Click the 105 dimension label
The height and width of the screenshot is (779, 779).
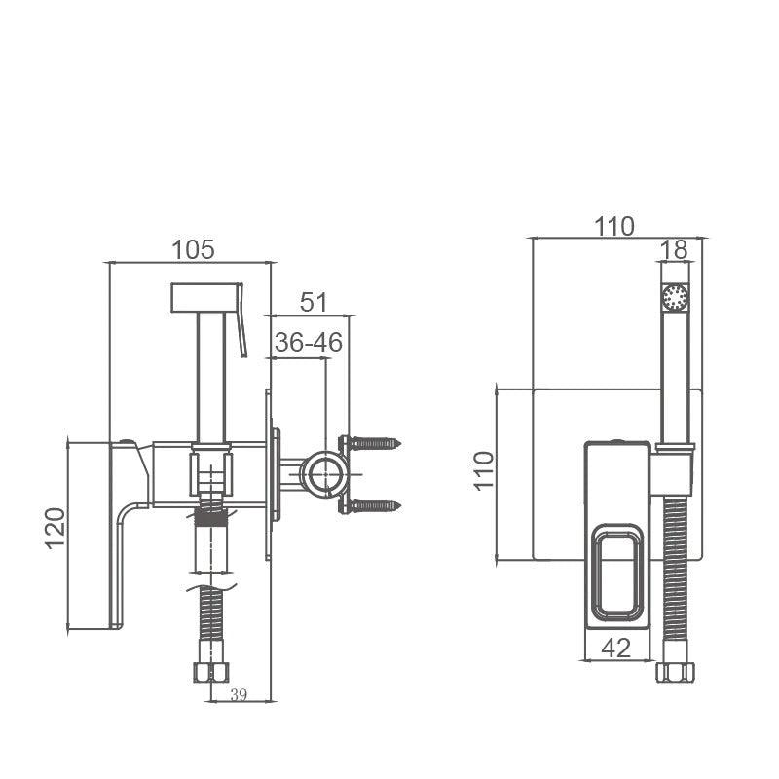193,250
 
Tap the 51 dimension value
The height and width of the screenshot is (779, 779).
314,302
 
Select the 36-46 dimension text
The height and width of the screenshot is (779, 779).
309,343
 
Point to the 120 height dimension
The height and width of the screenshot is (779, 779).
56,528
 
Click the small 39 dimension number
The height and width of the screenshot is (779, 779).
239,695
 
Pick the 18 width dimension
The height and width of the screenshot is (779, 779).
674,250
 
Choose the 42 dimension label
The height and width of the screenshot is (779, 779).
616,648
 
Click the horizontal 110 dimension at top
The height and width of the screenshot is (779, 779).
614,227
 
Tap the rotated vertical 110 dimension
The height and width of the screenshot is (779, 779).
484,471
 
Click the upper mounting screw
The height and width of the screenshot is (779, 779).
375,442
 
